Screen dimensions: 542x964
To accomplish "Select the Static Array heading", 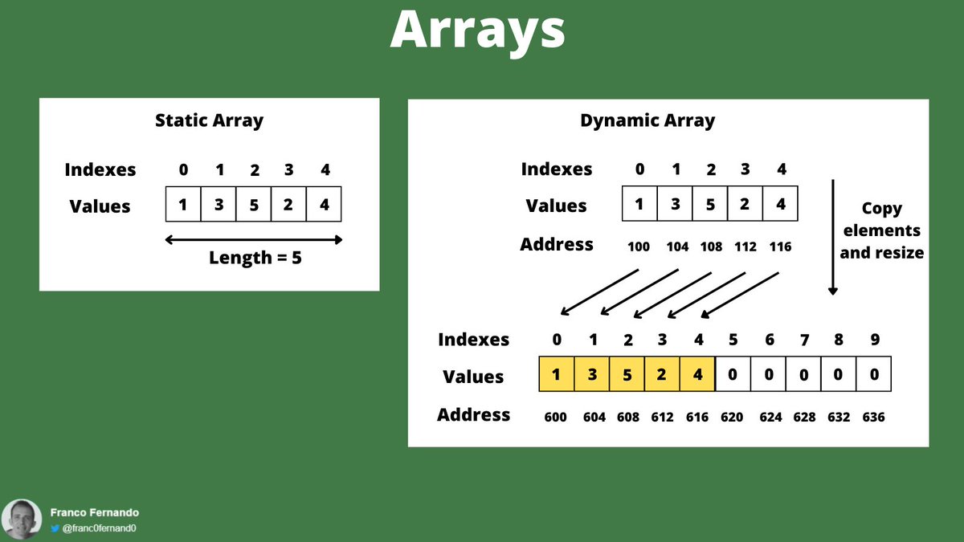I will [209, 121].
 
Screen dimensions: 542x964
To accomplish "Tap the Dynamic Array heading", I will [647, 121].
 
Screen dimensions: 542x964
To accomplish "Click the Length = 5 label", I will [255, 259].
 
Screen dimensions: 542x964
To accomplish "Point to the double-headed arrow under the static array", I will [254, 239].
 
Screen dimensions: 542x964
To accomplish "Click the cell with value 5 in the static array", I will [254, 205].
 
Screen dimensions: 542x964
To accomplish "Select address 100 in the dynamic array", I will [639, 247].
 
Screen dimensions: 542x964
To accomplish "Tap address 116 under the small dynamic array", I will [779, 247].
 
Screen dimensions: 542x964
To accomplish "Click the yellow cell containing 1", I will [557, 375].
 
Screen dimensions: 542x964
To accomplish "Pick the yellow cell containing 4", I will [697, 375].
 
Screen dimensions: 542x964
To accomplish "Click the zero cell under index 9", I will [874, 375].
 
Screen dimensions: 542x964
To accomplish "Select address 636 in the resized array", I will [873, 417].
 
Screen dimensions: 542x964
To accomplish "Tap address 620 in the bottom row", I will [732, 417].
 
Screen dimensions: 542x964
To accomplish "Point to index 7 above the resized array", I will [804, 340].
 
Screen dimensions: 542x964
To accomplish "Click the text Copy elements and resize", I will [881, 230].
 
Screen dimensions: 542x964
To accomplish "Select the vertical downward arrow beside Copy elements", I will [833, 237].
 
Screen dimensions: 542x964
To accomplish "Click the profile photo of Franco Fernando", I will [22, 519].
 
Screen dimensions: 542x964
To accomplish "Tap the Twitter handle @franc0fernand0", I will [99, 528].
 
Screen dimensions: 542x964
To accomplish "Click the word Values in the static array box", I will [100, 206].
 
